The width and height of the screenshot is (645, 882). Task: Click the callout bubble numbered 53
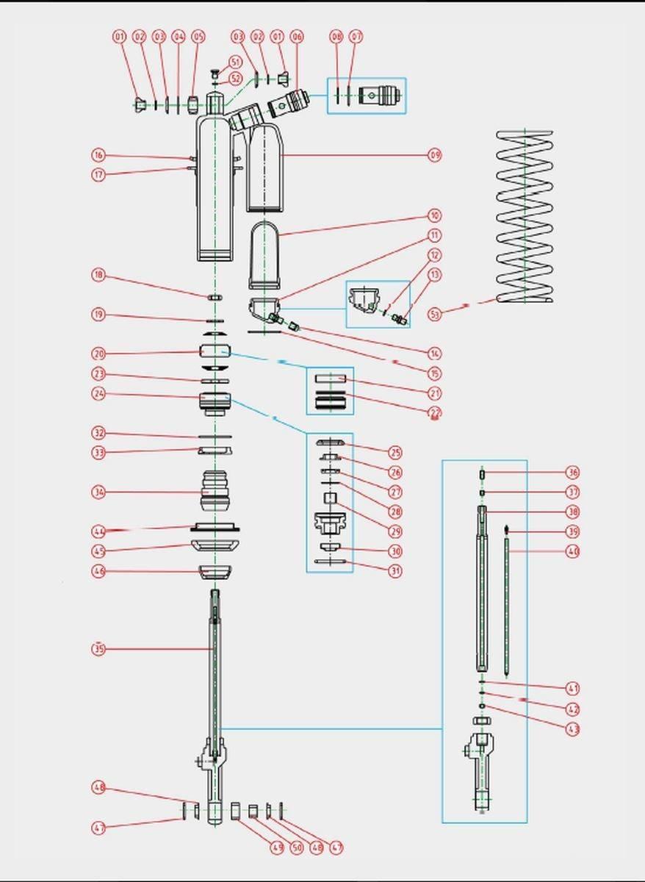tap(435, 315)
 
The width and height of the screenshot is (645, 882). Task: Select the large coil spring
tap(525, 217)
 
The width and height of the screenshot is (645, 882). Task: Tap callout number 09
tap(435, 155)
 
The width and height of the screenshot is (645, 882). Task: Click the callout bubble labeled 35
tap(98, 649)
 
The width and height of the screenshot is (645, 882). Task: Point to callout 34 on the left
tap(98, 492)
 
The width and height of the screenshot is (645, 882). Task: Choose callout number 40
tap(573, 551)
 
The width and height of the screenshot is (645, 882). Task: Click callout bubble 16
tap(98, 155)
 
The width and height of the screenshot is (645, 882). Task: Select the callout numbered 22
tap(435, 412)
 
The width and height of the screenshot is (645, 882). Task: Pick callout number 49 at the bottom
tap(276, 847)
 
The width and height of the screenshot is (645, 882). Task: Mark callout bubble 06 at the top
tap(297, 36)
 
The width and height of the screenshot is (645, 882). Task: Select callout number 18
tap(98, 276)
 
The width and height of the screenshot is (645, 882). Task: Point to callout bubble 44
tap(98, 531)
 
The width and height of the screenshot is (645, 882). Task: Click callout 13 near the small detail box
tap(435, 275)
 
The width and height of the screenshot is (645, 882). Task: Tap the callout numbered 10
tap(435, 216)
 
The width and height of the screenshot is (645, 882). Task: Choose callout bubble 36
tap(573, 473)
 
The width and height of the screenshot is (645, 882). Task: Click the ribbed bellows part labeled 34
tap(215, 491)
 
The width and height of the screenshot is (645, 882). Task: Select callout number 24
tap(98, 394)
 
